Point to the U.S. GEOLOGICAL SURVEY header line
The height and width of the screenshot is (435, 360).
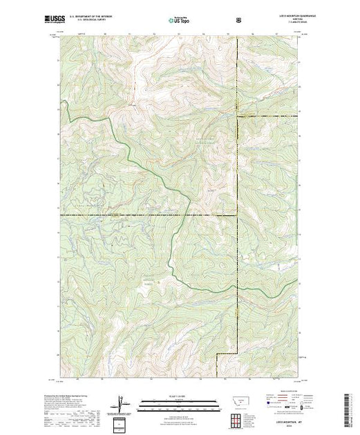(x=90, y=22)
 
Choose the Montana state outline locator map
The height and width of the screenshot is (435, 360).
(x=239, y=402)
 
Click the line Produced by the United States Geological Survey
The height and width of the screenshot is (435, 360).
(x=76, y=396)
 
